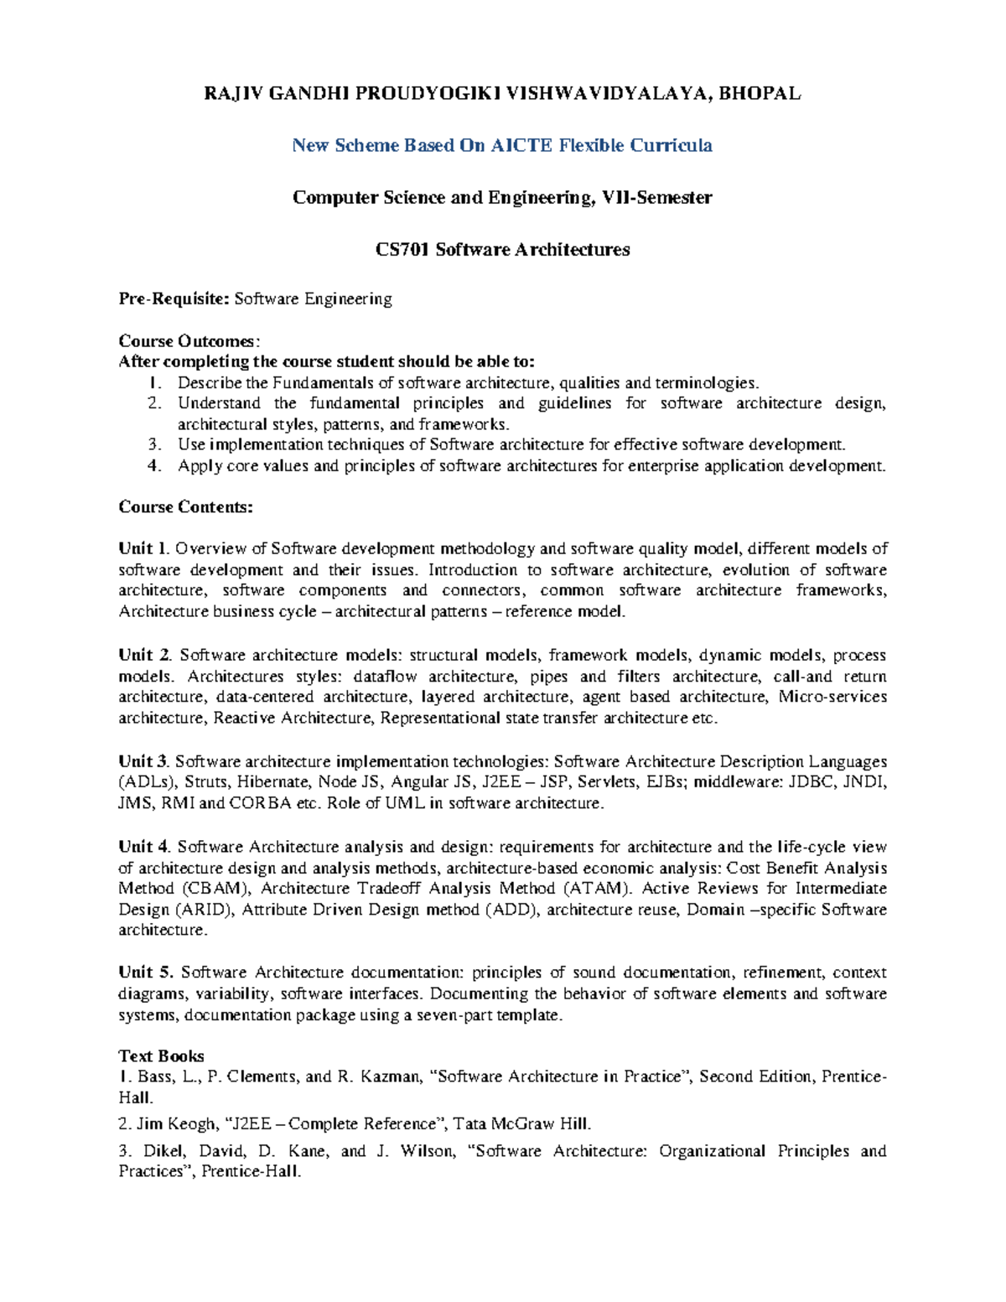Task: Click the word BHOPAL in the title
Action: [x=760, y=94]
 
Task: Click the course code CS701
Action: [x=402, y=250]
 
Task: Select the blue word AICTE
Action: [x=521, y=146]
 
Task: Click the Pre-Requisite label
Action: [x=174, y=299]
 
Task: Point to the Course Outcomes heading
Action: [x=189, y=341]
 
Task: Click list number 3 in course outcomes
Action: [x=153, y=445]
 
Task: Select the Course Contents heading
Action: [x=185, y=507]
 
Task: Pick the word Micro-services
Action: [x=832, y=697]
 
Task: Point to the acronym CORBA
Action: [x=260, y=804]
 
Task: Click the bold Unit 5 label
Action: [x=145, y=973]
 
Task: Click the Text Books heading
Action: [x=161, y=1056]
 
